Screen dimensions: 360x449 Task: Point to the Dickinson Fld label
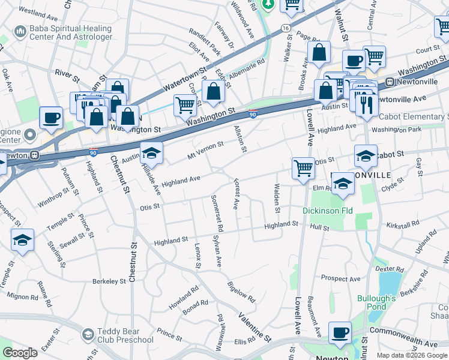(328, 211)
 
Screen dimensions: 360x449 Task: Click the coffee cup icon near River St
(51, 116)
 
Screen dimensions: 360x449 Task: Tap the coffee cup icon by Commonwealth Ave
(340, 332)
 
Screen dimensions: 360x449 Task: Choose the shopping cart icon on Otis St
(303, 168)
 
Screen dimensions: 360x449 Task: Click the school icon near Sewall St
(22, 241)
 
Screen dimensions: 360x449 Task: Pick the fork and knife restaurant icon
(367, 105)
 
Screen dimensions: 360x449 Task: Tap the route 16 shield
(286, 28)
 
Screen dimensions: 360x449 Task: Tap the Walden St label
(277, 198)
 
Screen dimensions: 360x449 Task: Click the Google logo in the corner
(20, 353)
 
